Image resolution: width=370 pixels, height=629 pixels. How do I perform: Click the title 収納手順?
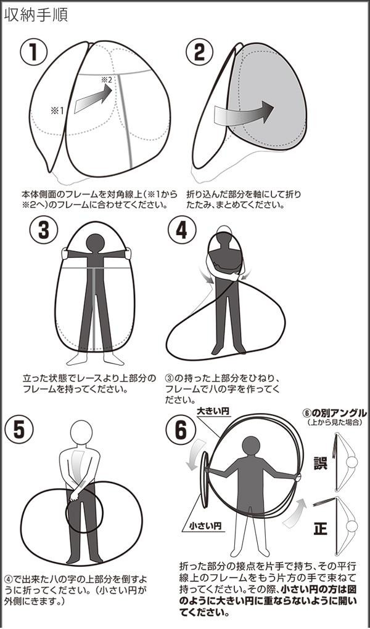point(35,15)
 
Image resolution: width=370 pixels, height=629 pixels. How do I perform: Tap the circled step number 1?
point(34,54)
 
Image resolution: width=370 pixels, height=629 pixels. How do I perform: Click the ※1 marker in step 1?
point(57,111)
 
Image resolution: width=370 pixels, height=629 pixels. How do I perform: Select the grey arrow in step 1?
point(93,100)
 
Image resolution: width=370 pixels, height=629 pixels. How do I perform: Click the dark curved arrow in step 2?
point(244,113)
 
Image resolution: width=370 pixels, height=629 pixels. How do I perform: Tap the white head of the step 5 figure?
point(81,433)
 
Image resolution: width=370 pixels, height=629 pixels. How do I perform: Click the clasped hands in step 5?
point(75,495)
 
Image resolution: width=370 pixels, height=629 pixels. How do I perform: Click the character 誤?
point(321,462)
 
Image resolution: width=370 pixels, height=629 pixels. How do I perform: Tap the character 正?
point(321,529)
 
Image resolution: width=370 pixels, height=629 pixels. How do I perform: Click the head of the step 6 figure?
point(252,446)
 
